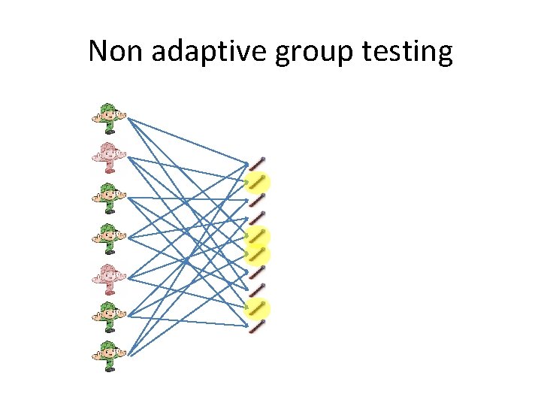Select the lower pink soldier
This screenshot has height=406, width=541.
pos(109,278)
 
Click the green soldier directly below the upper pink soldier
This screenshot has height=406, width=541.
pos(109,198)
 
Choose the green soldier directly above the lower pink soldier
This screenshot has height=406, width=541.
pos(109,238)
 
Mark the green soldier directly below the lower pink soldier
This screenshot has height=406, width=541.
pos(109,317)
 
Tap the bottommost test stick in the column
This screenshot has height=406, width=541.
pos(257,326)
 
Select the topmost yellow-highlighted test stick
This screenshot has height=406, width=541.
pos(258,182)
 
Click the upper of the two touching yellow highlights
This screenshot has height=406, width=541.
pos(258,235)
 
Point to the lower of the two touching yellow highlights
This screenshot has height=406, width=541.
pos(258,254)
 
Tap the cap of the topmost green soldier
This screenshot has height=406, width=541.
pos(109,107)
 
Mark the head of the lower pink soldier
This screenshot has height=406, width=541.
pos(109,272)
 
